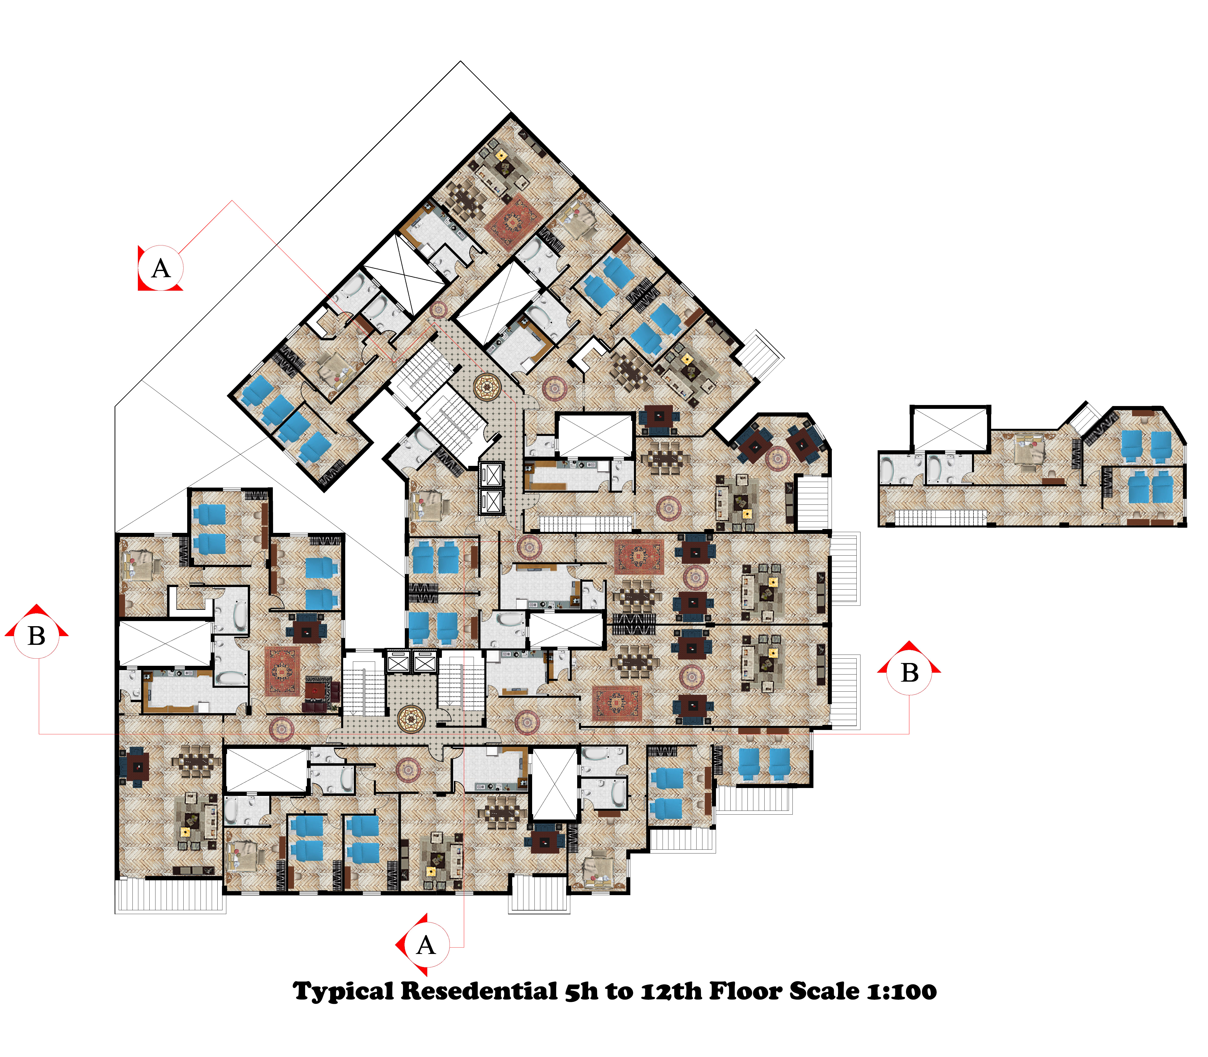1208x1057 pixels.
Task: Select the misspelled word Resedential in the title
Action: [x=479, y=991]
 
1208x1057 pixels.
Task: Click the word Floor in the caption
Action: [x=746, y=991]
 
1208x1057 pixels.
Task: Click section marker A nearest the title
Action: [x=426, y=946]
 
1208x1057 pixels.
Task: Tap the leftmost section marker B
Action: [x=37, y=636]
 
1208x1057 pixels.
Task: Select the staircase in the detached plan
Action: [x=941, y=517]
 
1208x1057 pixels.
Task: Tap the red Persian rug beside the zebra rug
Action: [x=282, y=671]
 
